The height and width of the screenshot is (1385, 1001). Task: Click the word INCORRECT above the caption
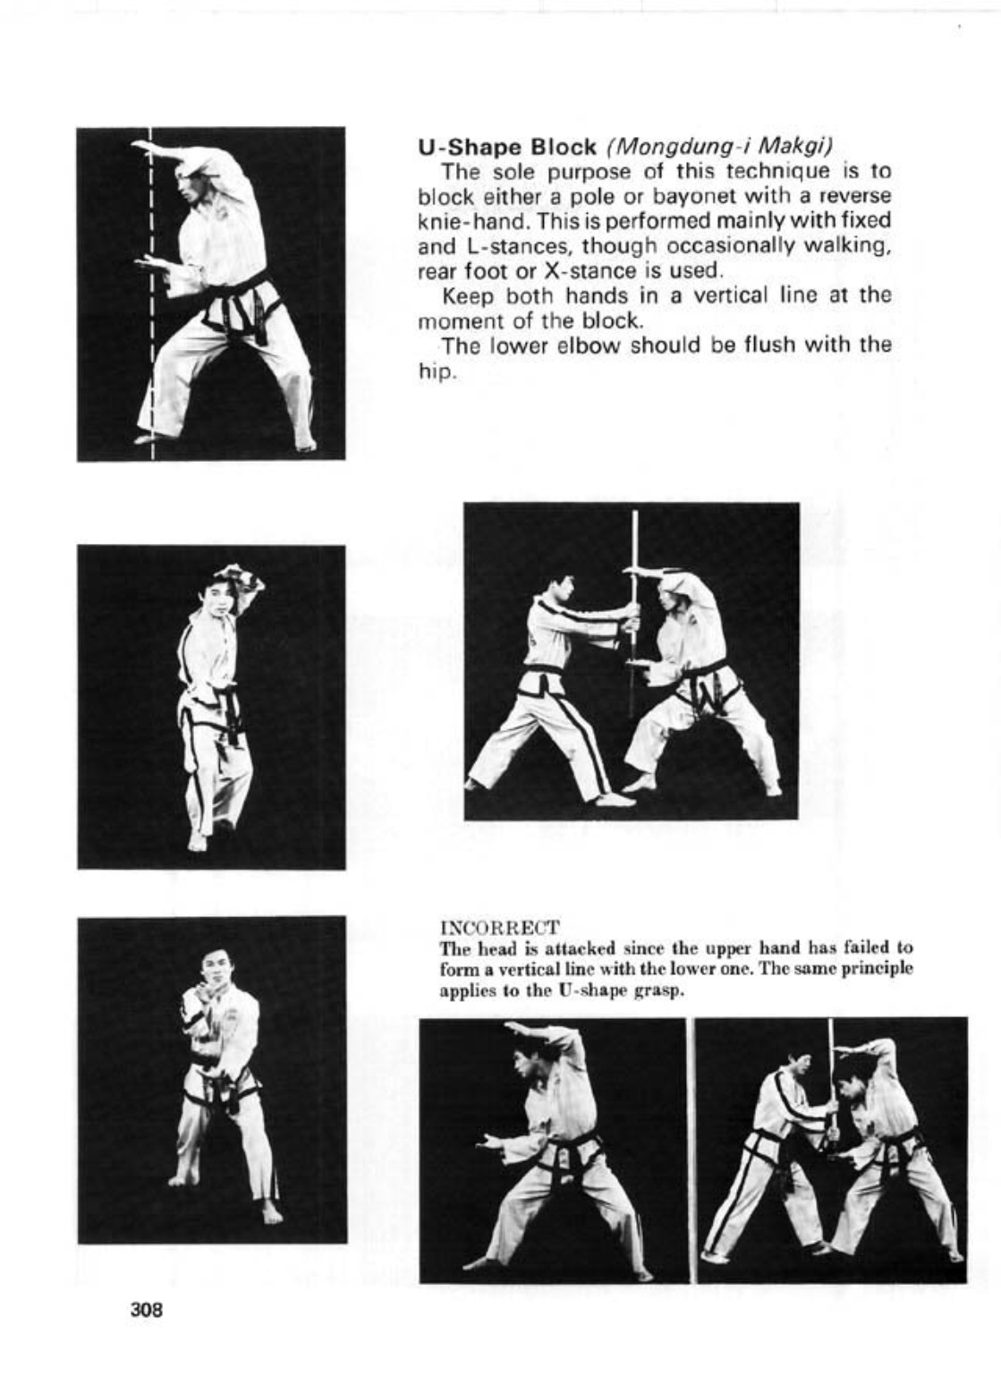(499, 927)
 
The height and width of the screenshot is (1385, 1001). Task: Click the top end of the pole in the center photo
(634, 514)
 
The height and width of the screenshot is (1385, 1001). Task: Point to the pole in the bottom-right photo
(830, 1074)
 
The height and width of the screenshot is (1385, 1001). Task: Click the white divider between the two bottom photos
(691, 1150)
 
